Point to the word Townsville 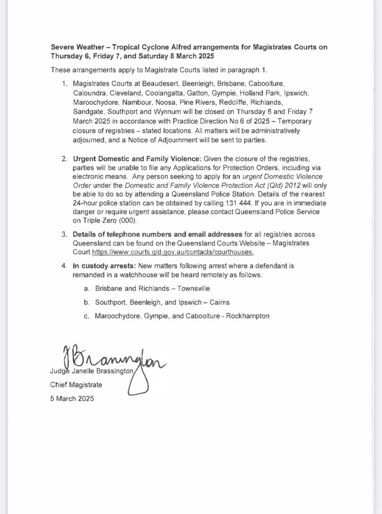[181, 290]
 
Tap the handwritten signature [110, 358]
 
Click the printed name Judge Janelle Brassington [91, 372]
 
